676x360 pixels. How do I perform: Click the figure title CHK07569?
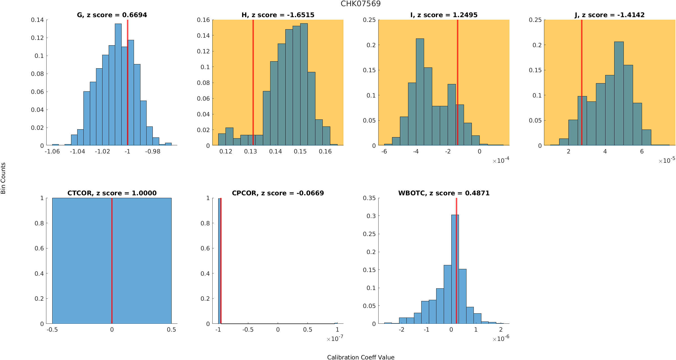361,4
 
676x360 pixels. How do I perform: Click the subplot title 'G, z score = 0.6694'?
112,15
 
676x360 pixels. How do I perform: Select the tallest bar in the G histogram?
118,84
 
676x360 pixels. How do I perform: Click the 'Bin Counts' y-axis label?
3,178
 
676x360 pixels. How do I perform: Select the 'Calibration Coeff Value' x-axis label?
361,357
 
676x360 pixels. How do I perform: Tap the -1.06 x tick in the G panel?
52,151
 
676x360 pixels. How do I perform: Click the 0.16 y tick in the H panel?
203,20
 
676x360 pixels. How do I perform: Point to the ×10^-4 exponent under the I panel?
501,160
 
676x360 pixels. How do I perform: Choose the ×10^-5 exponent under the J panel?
667,160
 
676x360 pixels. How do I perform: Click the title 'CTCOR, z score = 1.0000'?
112,193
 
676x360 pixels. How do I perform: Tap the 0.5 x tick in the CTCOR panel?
171,330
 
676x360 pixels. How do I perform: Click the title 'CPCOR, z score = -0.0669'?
278,193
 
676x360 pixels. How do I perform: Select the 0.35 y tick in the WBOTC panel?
369,198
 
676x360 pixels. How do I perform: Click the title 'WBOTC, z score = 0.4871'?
444,193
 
